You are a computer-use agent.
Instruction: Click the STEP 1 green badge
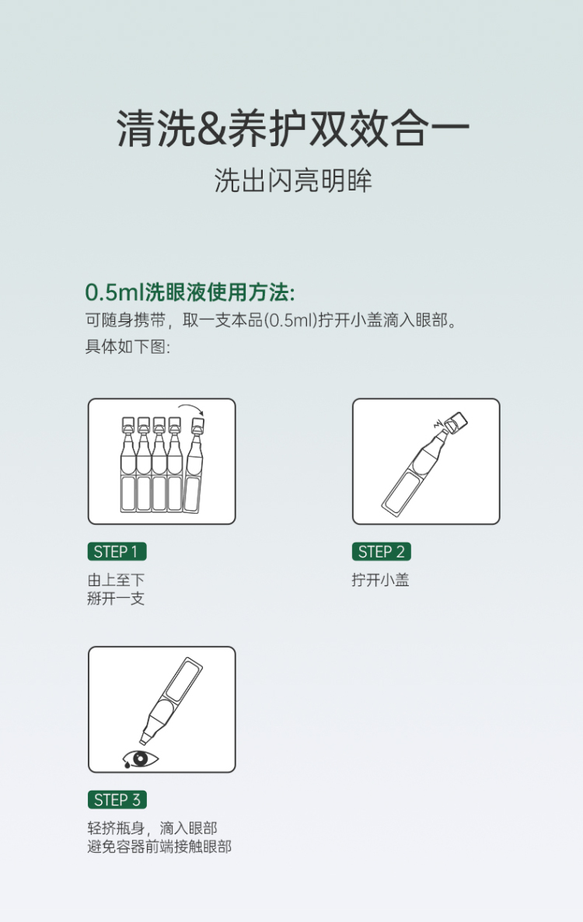click(117, 551)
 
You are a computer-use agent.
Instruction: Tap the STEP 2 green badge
click(382, 551)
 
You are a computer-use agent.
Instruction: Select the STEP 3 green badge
click(117, 800)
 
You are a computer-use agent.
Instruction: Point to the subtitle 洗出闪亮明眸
click(293, 180)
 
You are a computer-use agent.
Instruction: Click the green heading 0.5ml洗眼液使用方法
click(190, 292)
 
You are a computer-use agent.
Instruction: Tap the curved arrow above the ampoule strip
click(191, 409)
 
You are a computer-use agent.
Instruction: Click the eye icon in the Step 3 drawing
click(141, 759)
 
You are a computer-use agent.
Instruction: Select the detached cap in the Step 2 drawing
click(456, 421)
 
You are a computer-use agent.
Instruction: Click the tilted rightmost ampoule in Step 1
click(194, 465)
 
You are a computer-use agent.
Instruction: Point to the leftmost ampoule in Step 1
click(128, 464)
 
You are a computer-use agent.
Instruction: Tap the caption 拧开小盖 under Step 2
click(380, 580)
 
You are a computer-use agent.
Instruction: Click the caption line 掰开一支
click(116, 599)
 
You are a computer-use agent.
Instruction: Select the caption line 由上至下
click(116, 580)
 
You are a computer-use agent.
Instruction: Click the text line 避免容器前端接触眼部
click(159, 847)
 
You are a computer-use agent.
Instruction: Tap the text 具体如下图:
click(127, 347)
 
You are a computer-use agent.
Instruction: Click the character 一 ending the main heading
click(449, 128)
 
